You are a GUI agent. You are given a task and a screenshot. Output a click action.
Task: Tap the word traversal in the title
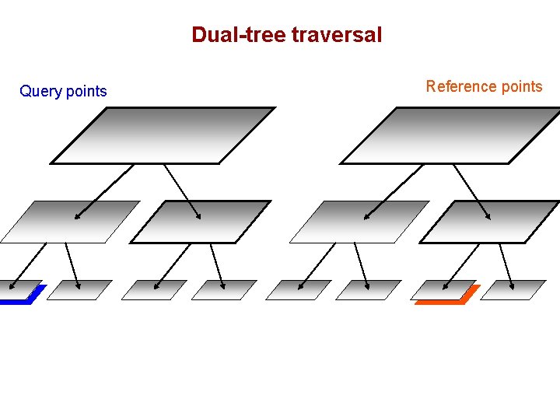coord(336,35)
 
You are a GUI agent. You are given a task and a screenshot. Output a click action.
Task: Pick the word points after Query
coord(86,92)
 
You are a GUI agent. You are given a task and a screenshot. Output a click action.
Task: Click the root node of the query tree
coord(163,135)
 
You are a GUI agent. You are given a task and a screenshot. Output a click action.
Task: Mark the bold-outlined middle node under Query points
coord(200,222)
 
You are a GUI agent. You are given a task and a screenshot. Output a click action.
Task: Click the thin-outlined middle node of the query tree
coord(70,222)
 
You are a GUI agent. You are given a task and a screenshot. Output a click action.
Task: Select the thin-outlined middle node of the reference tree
coord(359,222)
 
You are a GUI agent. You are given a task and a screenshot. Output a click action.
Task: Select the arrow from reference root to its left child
coord(394,191)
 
